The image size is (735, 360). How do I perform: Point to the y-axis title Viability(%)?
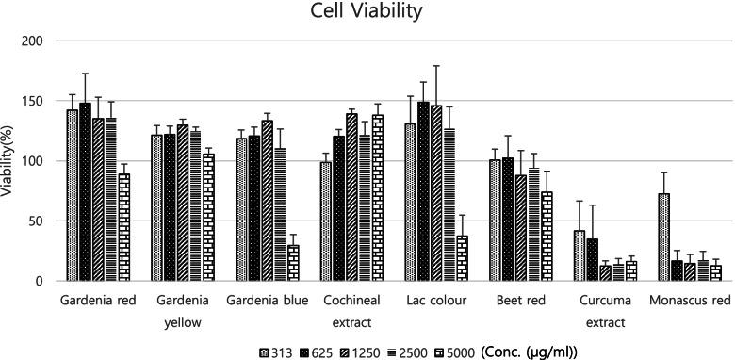tap(10, 160)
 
